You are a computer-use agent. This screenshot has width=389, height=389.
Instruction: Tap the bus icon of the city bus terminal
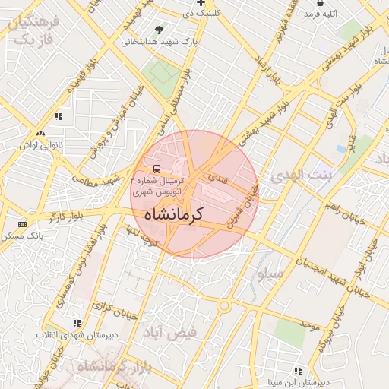click(157, 169)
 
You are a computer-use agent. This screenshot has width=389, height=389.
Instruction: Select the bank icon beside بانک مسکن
click(22, 224)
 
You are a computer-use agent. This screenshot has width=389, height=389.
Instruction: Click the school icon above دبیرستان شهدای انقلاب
click(75, 323)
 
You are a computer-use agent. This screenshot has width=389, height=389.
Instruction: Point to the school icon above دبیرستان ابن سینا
click(297, 371)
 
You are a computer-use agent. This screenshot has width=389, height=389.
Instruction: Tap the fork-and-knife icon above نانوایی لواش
click(58, 116)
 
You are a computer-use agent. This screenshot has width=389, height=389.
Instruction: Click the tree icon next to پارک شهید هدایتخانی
click(159, 30)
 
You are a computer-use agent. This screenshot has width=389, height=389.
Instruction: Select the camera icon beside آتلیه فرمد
click(321, 13)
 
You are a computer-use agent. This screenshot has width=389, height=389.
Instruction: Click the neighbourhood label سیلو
click(270, 273)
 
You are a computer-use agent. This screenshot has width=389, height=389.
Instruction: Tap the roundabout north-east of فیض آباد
click(225, 305)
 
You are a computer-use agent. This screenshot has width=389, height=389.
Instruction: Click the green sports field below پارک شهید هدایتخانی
click(161, 73)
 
